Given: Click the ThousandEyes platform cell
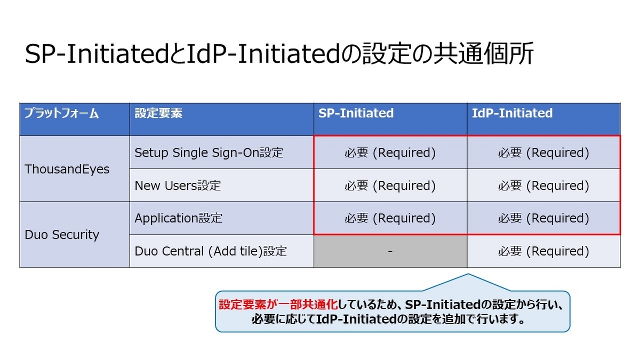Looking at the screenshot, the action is pos(75,169).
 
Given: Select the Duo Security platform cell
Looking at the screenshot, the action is pos(75,235).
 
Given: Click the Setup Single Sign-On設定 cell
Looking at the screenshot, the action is pos(222,153).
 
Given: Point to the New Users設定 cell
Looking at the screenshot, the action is pos(222,185).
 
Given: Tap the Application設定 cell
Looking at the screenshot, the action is pos(222,218).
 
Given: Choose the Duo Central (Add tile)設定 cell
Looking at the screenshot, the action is pos(222,251).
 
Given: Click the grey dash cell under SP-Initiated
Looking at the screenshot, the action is pos(390,251).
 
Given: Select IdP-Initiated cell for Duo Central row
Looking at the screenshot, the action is pos(543,251).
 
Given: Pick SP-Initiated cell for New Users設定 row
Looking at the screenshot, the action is pos(390,185).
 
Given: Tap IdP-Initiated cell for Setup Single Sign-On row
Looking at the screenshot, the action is pos(543,153).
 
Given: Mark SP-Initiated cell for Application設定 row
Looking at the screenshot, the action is pos(390,218).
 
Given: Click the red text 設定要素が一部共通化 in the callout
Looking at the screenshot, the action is pos(278,305).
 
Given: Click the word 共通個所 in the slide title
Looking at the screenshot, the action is pos(483,53).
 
